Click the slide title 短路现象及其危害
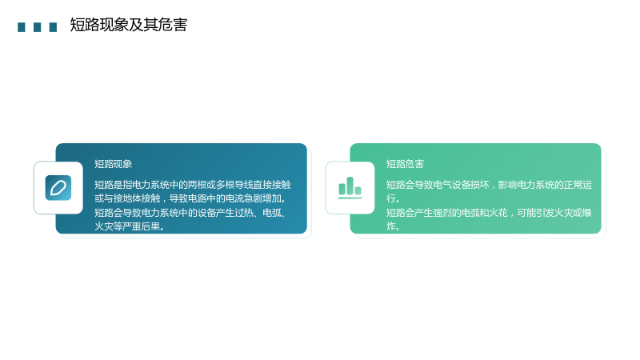click(129, 25)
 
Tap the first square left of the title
click(22, 27)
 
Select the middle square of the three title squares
click(37, 27)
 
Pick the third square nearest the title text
click(53, 27)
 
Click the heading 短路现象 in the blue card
click(114, 164)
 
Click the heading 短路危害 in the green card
click(406, 164)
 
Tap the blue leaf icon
click(58, 188)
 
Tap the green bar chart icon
click(350, 188)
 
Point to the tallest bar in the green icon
click(350, 186)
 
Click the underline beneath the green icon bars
click(350, 198)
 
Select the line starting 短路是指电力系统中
click(193, 185)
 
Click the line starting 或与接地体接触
click(190, 198)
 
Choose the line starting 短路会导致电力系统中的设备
click(190, 213)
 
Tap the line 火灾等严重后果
click(130, 226)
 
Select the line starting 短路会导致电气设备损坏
click(489, 185)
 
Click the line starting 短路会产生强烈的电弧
click(489, 213)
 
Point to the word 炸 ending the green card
click(391, 226)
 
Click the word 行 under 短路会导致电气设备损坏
click(391, 198)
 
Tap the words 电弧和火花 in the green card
click(485, 213)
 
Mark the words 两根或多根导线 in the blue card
click(216, 185)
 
